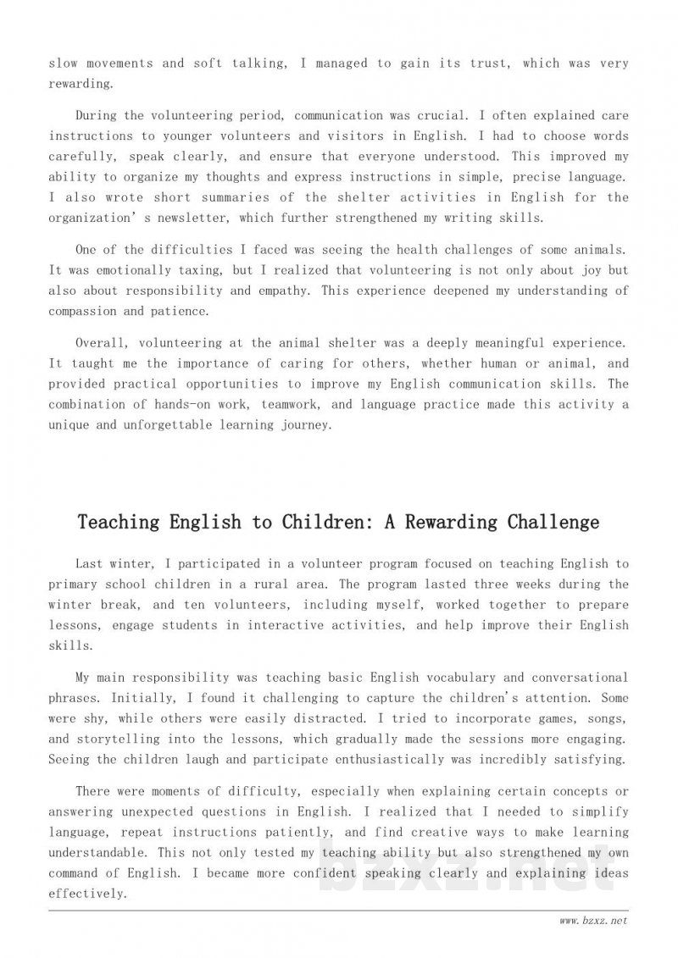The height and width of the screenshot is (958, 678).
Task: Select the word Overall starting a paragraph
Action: pos(103,343)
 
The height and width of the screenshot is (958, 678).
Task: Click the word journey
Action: pos(303,425)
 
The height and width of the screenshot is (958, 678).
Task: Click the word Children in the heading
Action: pos(320,522)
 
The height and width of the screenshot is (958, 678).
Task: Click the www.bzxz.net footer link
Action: pos(593,921)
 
